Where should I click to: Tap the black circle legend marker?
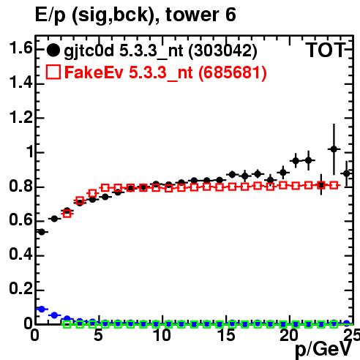pyautogui.click(x=53, y=50)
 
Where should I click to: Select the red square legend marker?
pyautogui.click(x=53, y=72)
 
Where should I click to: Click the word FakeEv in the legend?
pyautogui.click(x=94, y=72)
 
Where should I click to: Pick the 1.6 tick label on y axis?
pyautogui.click(x=20, y=48)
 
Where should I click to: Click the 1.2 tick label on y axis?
pyautogui.click(x=20, y=117)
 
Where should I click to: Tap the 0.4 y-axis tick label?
pyautogui.click(x=20, y=255)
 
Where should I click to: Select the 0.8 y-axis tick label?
pyautogui.click(x=20, y=186)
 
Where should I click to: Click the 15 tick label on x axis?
pyautogui.click(x=227, y=335)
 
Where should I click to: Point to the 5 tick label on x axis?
pyautogui.click(x=98, y=335)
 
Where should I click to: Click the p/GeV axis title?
pyautogui.click(x=323, y=350)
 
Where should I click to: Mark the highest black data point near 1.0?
pyautogui.click(x=334, y=149)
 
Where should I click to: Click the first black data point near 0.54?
pyautogui.click(x=42, y=232)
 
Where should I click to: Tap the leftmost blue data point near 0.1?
pyautogui.click(x=42, y=309)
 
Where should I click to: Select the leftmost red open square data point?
pyautogui.click(x=67, y=214)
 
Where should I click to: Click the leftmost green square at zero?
pyautogui.click(x=67, y=324)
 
